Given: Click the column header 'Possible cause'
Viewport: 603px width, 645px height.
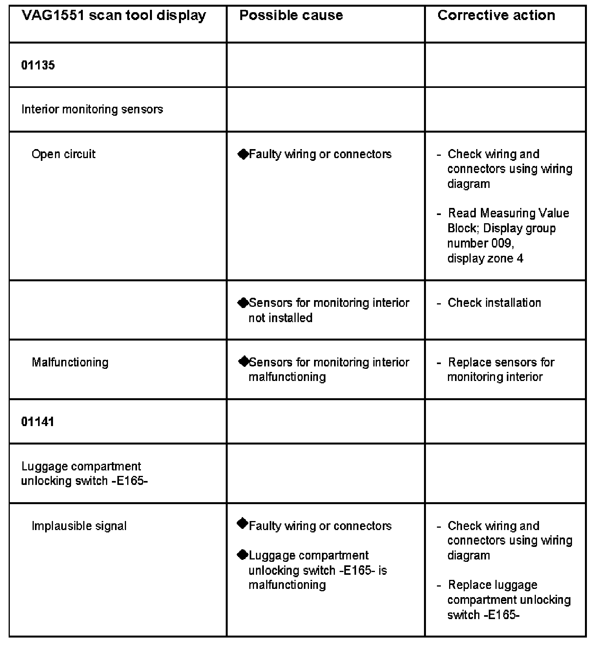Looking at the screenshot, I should [x=291, y=15].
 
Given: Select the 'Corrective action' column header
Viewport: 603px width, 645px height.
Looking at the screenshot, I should [x=496, y=15].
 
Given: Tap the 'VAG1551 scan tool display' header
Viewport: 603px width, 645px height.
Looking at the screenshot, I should [x=113, y=16].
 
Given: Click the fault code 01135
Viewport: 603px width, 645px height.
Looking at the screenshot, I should [x=38, y=65].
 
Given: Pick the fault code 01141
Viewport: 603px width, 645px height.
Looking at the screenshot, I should [x=38, y=422].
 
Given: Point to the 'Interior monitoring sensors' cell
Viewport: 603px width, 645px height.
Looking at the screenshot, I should [x=92, y=109].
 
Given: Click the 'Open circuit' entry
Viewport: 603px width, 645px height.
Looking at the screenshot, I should [x=64, y=154].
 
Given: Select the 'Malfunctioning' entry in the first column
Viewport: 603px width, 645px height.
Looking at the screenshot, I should [x=70, y=362].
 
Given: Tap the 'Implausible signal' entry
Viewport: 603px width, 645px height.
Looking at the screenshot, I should [x=79, y=526].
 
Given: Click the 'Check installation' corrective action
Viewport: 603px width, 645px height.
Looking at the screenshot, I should [x=494, y=302].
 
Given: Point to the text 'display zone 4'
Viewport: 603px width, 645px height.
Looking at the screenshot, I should [x=485, y=259].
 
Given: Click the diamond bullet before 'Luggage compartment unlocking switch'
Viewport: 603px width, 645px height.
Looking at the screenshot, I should [x=243, y=555].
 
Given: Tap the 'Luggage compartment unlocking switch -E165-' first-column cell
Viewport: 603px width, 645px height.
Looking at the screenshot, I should [x=84, y=474].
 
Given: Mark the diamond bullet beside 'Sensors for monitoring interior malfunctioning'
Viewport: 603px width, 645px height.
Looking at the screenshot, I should [x=243, y=361].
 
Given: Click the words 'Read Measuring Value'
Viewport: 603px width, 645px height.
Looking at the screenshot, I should [x=508, y=213].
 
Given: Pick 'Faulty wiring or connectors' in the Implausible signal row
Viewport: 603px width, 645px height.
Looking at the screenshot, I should [x=320, y=526].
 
